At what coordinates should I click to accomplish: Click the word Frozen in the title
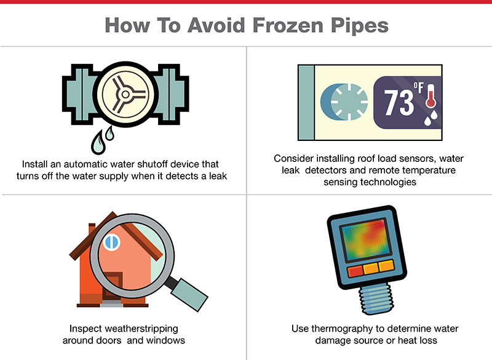click(x=288, y=25)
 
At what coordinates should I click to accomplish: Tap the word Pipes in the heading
click(x=360, y=26)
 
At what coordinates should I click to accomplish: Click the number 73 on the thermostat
click(x=399, y=102)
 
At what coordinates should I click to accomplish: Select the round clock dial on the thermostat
click(x=348, y=102)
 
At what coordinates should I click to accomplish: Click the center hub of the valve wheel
click(x=125, y=94)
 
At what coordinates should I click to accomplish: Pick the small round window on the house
click(x=112, y=242)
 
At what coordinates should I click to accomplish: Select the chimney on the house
click(x=92, y=229)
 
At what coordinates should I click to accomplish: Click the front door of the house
click(x=113, y=286)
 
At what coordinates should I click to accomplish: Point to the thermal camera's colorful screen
click(x=365, y=240)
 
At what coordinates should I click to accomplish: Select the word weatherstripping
click(x=141, y=329)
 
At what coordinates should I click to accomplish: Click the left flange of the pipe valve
click(x=79, y=94)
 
